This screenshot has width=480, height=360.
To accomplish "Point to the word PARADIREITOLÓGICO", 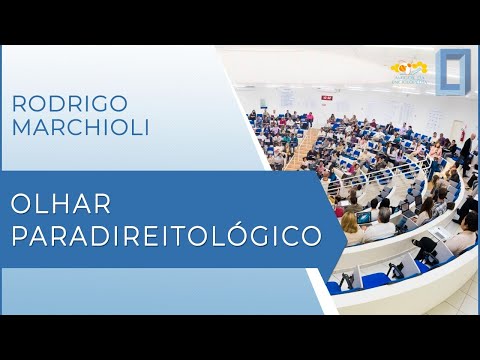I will (x=166, y=236).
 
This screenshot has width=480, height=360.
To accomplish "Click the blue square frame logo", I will (x=452, y=73).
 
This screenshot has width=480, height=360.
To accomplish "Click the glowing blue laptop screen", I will (x=364, y=217).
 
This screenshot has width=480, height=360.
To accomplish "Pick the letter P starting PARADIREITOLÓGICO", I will (x=19, y=236).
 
